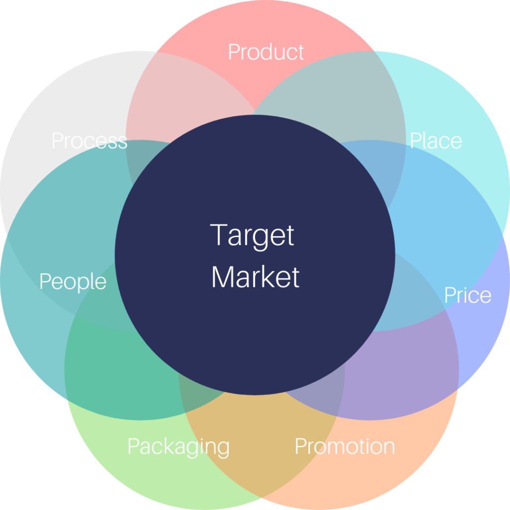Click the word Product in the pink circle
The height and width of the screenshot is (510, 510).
[x=266, y=52]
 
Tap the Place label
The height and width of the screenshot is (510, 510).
[x=436, y=140]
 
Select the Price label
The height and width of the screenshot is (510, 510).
[x=468, y=295]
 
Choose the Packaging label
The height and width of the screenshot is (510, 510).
[x=179, y=447]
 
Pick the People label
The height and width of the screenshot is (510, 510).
[x=73, y=282]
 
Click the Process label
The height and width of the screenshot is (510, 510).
[x=90, y=140]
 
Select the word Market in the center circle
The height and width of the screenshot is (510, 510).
[x=255, y=277]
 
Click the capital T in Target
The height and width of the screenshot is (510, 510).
[x=219, y=235]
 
